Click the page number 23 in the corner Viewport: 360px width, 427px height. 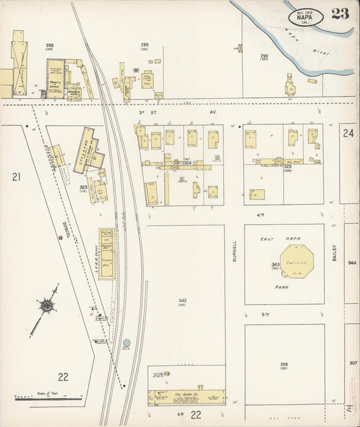point(340,14)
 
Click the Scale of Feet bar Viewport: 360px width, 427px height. point(47,399)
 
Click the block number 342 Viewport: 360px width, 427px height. point(182,301)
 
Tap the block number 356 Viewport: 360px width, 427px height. point(284,364)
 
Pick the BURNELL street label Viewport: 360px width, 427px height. point(234,252)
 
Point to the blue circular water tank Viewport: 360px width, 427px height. point(126,343)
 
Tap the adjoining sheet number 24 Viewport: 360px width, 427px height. point(348,134)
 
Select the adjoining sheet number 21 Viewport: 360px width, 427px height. point(16,177)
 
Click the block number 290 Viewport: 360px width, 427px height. point(264,56)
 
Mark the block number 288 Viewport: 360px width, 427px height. point(49,45)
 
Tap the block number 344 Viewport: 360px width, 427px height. point(352,261)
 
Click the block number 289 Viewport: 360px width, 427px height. point(145,45)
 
